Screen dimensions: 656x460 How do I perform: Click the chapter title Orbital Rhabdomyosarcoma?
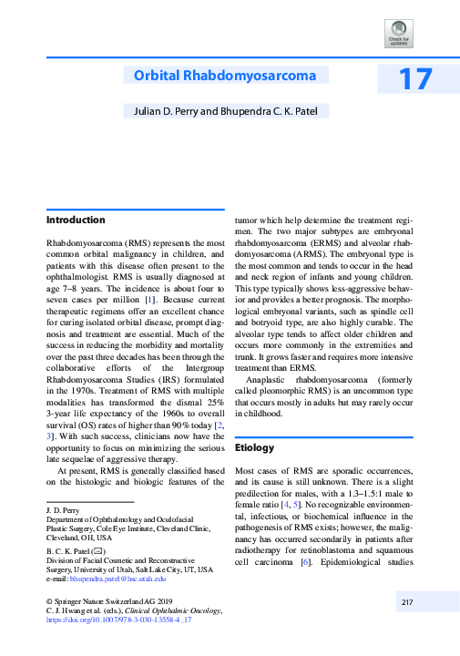[220, 76]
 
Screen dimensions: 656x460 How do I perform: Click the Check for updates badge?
[398, 35]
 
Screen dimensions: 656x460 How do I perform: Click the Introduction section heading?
[76, 220]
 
